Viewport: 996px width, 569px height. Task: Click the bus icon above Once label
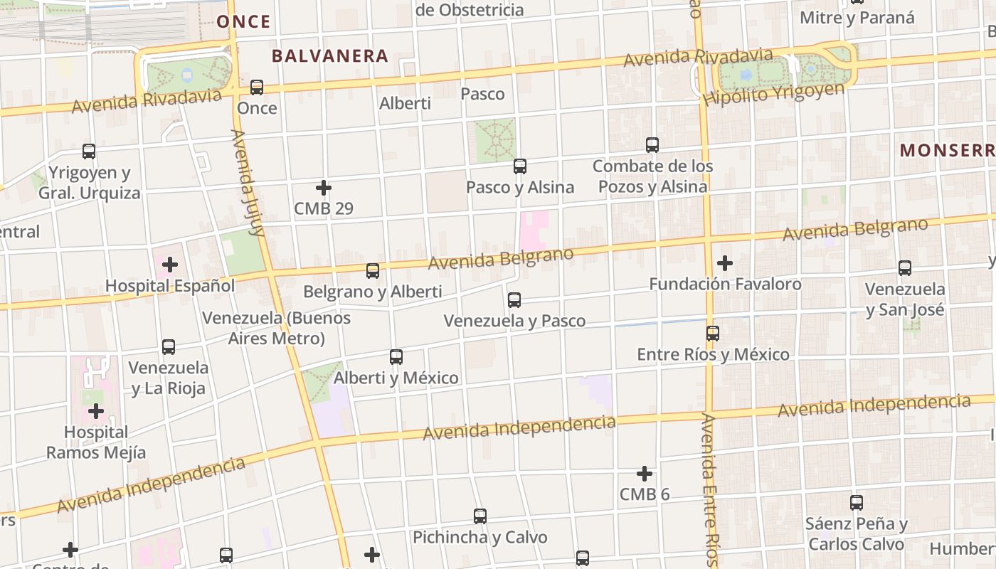coord(257,87)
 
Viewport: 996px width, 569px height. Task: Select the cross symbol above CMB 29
coord(324,188)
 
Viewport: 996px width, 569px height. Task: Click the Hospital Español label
coord(170,286)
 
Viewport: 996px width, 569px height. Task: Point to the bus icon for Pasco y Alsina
coord(520,166)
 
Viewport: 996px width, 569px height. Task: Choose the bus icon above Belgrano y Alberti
coord(373,271)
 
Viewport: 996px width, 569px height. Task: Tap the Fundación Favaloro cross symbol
coord(725,263)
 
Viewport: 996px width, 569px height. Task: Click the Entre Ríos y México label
coord(713,354)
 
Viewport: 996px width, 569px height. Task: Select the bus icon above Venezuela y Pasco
coord(514,300)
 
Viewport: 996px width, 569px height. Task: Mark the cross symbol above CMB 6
coord(645,474)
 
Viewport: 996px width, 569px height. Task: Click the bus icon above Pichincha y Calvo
coord(480,516)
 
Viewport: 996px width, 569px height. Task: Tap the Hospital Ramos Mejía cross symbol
coord(96,411)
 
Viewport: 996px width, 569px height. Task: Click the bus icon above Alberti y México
coord(396,357)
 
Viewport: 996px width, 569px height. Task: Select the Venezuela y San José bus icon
coord(905,268)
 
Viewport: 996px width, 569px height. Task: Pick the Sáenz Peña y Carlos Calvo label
coord(857,534)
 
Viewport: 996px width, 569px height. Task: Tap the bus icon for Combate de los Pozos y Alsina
coord(652,145)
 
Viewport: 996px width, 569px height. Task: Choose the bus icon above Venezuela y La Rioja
coord(169,347)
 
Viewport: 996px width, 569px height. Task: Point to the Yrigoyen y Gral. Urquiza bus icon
coord(89,151)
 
